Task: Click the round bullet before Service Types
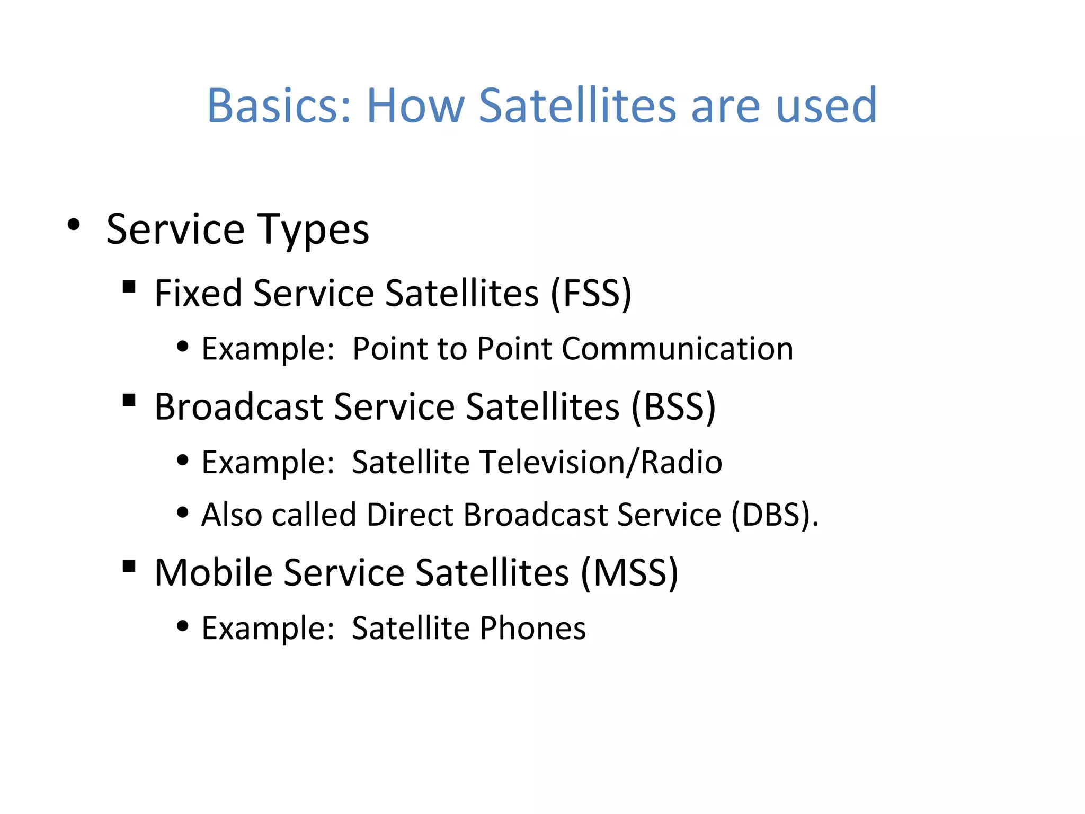74,225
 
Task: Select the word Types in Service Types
313,230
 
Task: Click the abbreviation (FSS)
591,293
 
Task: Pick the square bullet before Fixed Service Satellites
129,287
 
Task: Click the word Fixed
198,293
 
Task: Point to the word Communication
677,349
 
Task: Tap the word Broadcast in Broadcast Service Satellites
238,407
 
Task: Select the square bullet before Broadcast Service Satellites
129,400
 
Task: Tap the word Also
232,515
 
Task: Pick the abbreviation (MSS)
629,573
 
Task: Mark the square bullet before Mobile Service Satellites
129,566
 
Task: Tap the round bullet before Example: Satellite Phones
183,626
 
